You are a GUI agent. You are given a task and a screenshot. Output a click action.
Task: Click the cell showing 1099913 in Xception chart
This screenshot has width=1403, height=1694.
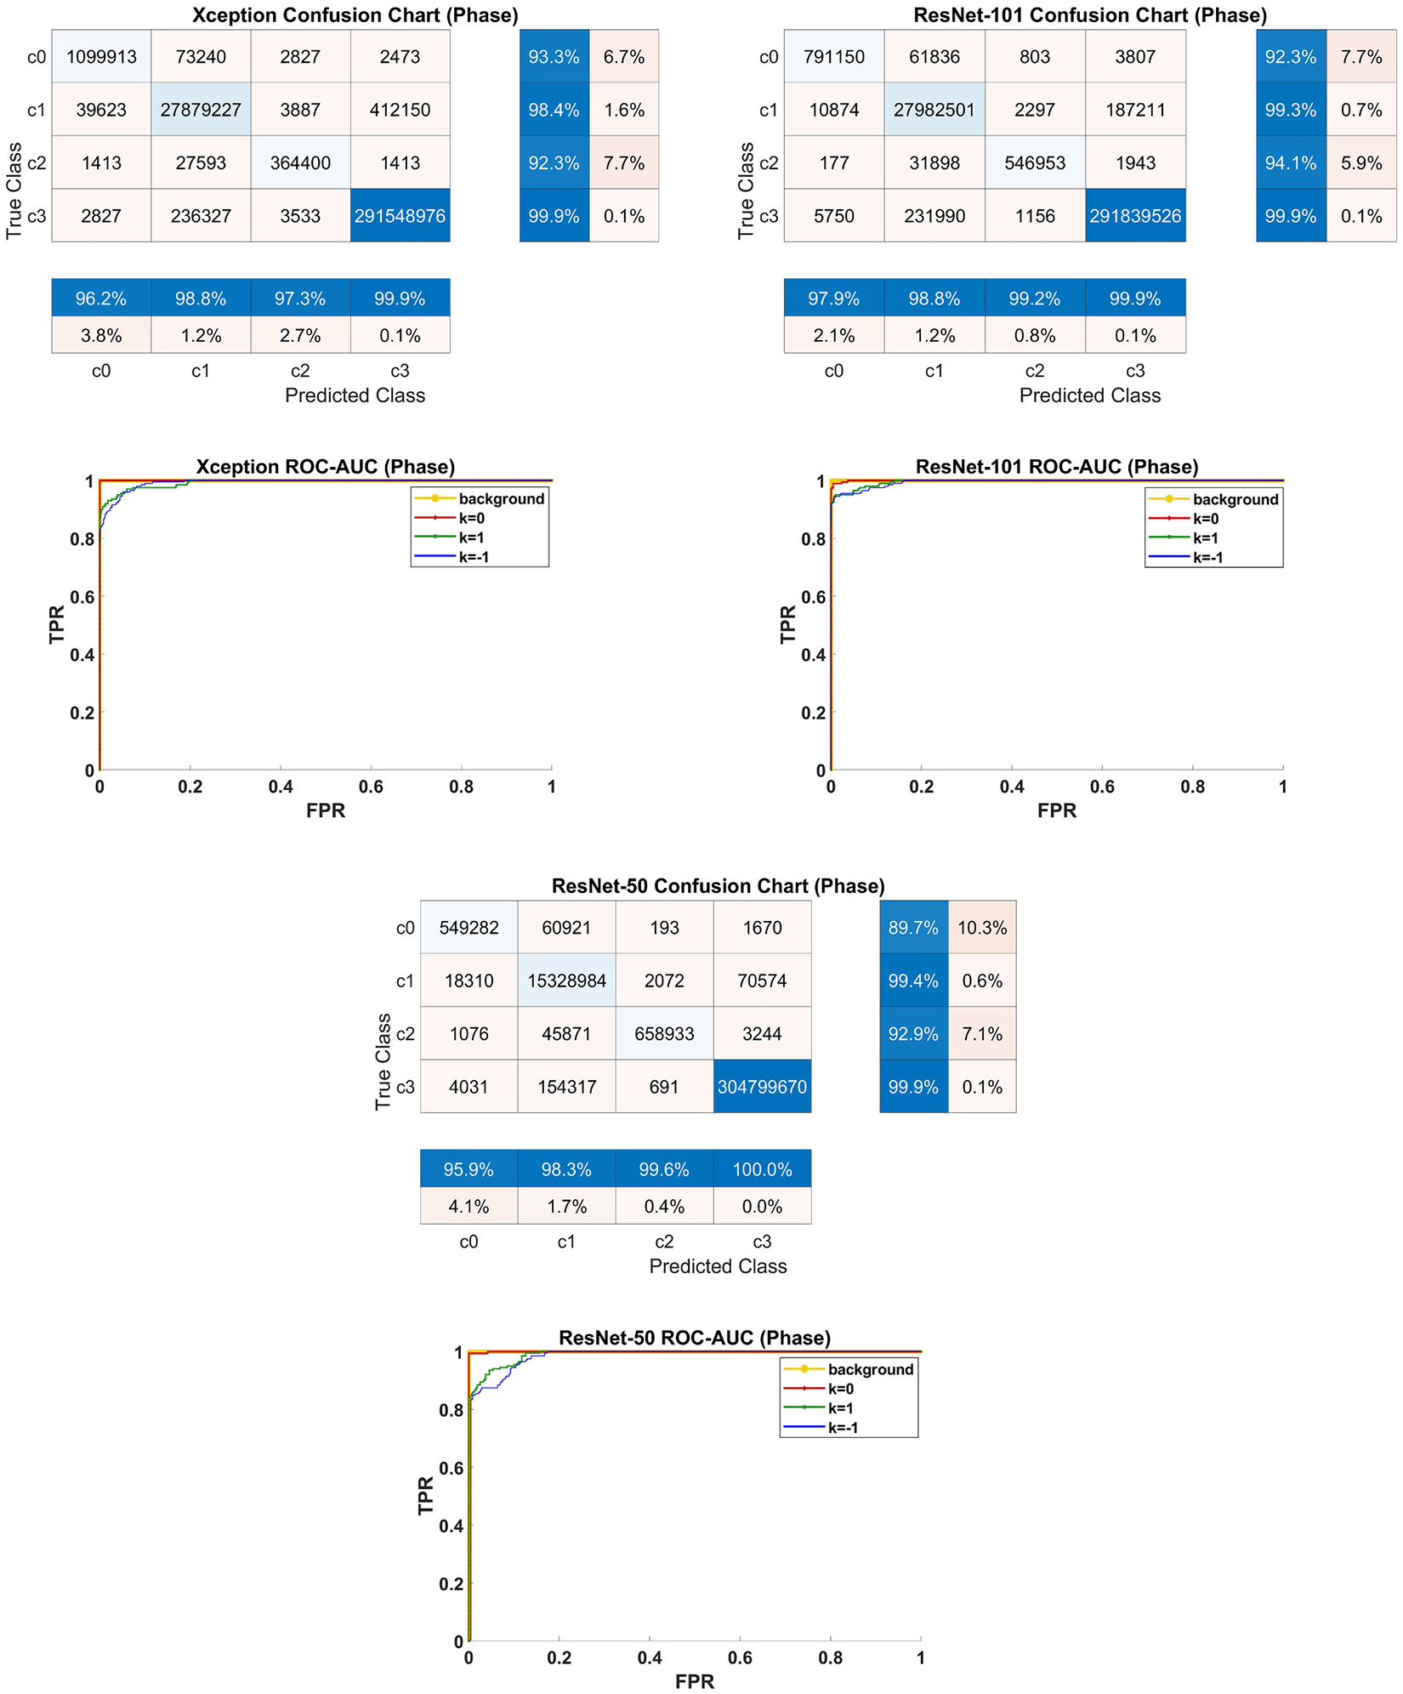(101, 57)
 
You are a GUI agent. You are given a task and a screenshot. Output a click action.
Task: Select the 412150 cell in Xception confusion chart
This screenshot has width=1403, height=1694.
(400, 110)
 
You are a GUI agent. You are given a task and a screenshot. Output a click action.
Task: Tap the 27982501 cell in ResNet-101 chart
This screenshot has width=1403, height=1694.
(934, 110)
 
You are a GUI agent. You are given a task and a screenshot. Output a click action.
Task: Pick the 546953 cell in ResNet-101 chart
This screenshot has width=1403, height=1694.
(1035, 163)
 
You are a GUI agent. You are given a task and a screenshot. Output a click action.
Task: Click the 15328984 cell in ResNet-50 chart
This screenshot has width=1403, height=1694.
(566, 981)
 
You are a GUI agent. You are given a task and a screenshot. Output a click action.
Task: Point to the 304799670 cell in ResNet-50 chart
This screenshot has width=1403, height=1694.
(762, 1087)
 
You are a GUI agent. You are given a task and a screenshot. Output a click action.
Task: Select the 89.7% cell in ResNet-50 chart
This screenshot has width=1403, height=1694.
(913, 928)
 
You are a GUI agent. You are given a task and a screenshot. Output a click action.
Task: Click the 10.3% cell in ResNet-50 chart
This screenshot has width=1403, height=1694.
(982, 928)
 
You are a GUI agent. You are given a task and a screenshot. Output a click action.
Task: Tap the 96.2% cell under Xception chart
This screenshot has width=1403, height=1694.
(101, 298)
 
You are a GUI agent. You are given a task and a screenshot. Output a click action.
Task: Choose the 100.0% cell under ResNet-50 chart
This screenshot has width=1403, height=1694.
(762, 1169)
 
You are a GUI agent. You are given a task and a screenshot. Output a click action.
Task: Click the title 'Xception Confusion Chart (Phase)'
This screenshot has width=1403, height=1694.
(355, 15)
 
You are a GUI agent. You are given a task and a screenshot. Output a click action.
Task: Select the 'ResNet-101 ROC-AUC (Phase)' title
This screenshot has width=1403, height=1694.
(1057, 467)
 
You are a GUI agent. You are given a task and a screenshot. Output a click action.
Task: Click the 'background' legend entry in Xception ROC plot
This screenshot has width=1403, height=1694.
(501, 499)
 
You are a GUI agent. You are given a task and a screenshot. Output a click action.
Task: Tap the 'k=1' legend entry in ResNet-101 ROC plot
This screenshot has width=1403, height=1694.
(1205, 538)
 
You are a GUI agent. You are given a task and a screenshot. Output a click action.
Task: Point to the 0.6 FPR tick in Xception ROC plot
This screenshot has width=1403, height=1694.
(371, 787)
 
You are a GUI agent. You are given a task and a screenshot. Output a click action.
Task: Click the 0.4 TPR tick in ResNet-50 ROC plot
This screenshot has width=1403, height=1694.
(452, 1526)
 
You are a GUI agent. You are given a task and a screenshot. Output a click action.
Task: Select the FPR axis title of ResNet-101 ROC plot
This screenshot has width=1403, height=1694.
(1057, 811)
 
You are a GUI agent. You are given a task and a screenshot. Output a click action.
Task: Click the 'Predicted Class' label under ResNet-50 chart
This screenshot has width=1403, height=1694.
(718, 1266)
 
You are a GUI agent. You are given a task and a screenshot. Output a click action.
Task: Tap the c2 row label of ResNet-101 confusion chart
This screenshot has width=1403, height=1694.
(769, 163)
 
